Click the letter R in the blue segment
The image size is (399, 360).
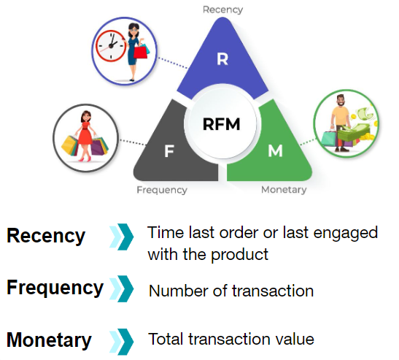(x=222, y=59)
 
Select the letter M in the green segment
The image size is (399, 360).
(x=275, y=151)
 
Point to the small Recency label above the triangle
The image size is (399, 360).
(x=222, y=9)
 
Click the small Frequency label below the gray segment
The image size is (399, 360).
(x=162, y=190)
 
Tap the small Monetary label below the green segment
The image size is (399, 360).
(x=284, y=190)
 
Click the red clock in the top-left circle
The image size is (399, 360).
(x=110, y=48)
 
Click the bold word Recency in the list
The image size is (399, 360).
(x=46, y=237)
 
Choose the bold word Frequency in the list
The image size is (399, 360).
(x=55, y=288)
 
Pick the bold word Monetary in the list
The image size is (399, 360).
(x=50, y=340)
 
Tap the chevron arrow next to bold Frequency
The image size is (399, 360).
(x=122, y=289)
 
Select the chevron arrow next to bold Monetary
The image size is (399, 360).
(x=122, y=340)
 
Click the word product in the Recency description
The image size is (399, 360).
(x=244, y=255)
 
